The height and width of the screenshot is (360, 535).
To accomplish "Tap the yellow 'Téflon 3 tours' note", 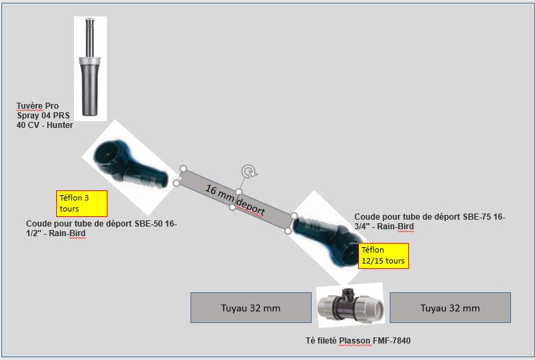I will (82, 203).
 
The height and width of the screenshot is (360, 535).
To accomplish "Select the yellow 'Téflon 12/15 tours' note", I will (383, 255).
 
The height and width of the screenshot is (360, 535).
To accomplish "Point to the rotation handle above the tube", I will (247, 171).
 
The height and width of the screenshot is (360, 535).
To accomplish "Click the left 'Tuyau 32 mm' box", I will (251, 308).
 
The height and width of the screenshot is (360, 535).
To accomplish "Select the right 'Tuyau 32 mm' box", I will (450, 308).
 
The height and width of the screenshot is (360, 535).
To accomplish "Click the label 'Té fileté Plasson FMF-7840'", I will (358, 340).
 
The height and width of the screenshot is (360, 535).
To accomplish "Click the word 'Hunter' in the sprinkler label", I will (59, 125).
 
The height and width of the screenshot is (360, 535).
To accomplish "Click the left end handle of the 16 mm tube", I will (183, 168).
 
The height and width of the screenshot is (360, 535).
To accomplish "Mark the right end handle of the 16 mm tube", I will (295, 216).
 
